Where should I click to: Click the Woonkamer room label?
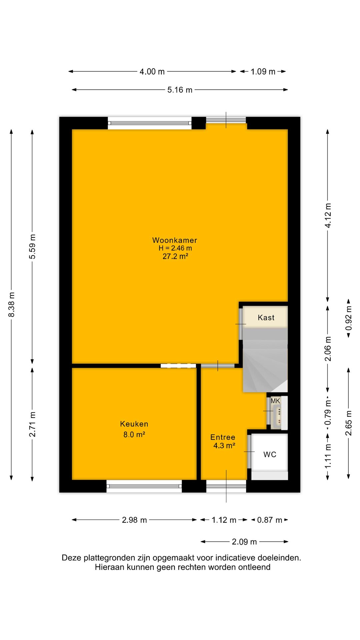(x=175, y=240)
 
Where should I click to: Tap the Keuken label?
(x=134, y=424)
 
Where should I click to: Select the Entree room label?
(x=223, y=437)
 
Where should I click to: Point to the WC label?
(x=270, y=454)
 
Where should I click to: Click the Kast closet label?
(x=266, y=318)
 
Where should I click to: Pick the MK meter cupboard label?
(x=275, y=401)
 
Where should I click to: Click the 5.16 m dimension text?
(x=180, y=90)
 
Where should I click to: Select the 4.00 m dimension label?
(x=152, y=71)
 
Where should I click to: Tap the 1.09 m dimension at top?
(x=263, y=71)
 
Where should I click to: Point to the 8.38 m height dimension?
(x=12, y=305)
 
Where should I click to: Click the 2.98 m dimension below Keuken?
(x=134, y=520)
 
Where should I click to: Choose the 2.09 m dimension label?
(x=244, y=542)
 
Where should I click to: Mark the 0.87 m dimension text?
(x=270, y=520)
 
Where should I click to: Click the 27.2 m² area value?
(x=175, y=256)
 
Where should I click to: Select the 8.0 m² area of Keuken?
(x=134, y=434)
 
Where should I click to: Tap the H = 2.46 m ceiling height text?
(x=175, y=248)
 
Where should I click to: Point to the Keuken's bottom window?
(x=144, y=486)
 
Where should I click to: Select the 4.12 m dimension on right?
(x=328, y=215)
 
